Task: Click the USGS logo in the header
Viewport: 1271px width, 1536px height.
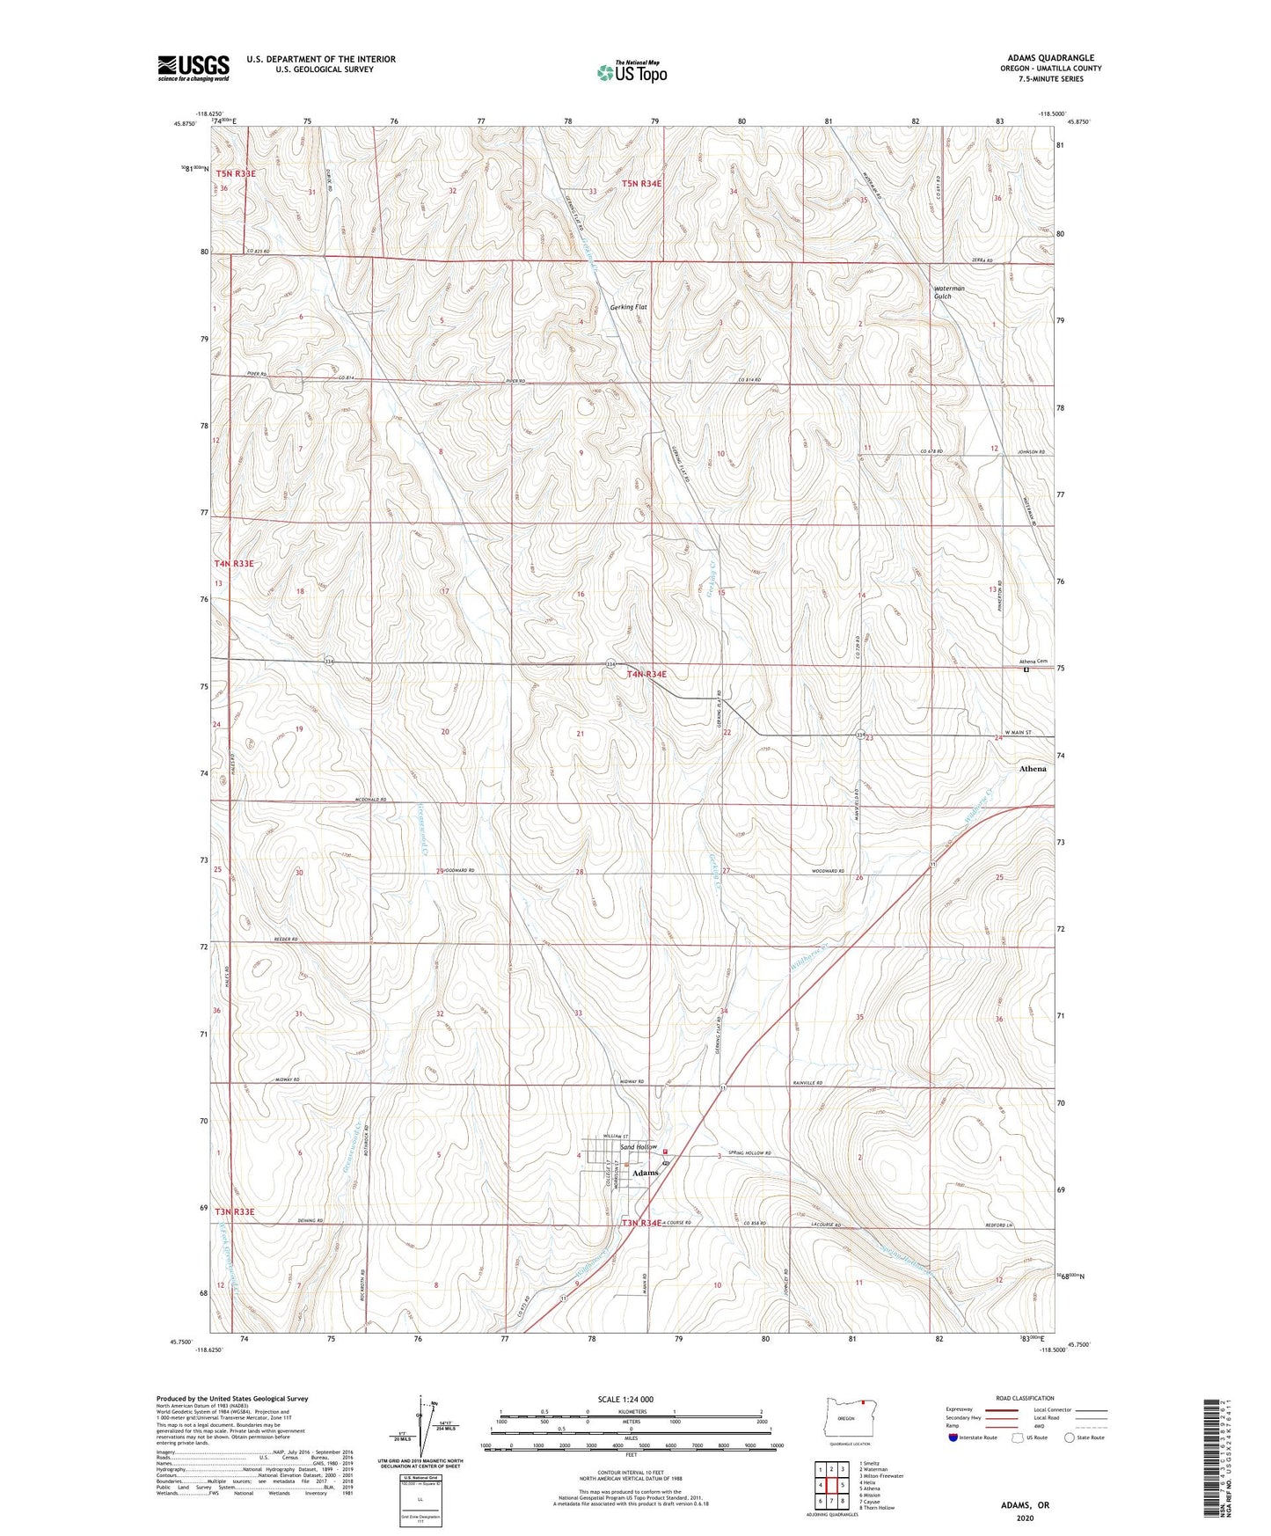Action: click(194, 68)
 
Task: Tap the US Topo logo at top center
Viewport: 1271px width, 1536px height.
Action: click(632, 72)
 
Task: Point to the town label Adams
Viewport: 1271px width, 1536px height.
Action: click(646, 1173)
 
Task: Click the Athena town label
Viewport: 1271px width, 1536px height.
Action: click(1032, 768)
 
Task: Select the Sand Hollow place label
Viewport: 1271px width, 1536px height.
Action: click(639, 1147)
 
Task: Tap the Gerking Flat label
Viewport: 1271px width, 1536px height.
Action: click(628, 307)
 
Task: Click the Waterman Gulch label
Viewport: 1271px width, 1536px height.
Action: click(949, 292)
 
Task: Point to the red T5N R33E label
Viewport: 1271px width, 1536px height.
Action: click(236, 174)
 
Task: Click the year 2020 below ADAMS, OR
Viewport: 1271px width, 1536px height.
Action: click(1025, 1518)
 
